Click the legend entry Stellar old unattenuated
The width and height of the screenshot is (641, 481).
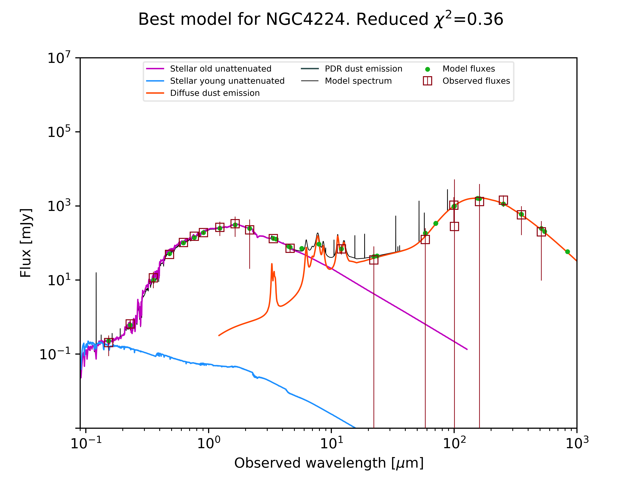(x=220, y=69)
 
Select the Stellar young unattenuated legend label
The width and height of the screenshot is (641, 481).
(x=227, y=81)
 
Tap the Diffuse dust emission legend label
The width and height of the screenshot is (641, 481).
(x=215, y=93)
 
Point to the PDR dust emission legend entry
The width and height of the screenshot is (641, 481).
(x=363, y=69)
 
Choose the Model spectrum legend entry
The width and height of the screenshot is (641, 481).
(x=358, y=81)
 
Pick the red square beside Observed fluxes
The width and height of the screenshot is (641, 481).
(x=427, y=81)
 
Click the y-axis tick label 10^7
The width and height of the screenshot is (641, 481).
(x=59, y=58)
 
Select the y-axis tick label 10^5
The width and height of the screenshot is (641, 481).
(x=59, y=132)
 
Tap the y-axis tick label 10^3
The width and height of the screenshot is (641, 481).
(x=59, y=206)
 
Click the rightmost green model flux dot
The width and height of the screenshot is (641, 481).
(x=567, y=252)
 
